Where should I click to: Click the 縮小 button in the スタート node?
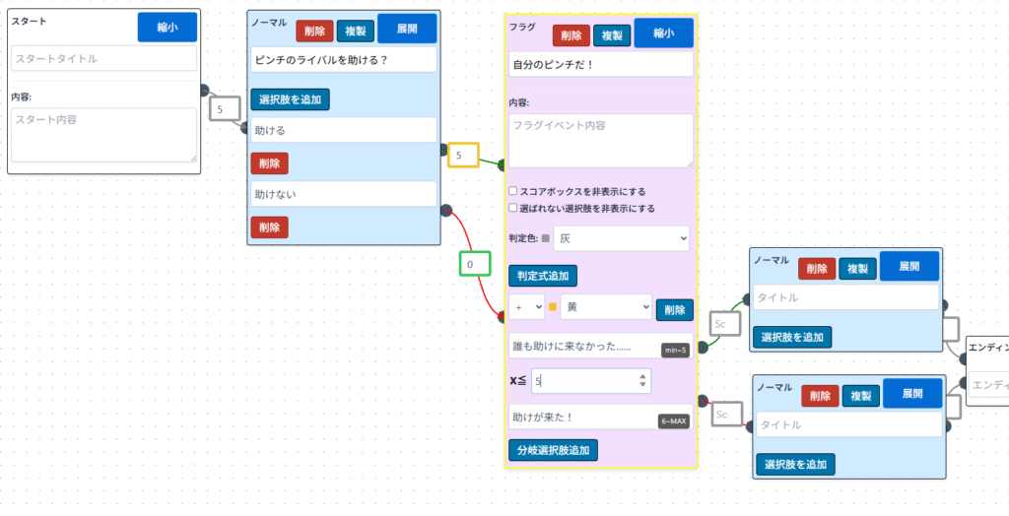[167, 28]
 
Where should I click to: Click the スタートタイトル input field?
[104, 59]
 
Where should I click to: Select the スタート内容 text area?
[104, 134]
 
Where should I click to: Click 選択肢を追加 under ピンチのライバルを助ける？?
[290, 99]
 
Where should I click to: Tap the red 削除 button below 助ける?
[269, 163]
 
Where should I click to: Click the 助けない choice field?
[343, 194]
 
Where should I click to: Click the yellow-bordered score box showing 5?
[463, 156]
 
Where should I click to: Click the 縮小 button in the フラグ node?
[663, 32]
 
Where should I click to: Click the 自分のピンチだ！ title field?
[600, 65]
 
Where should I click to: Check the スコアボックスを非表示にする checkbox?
[513, 191]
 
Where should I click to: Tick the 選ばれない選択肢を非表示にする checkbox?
[513, 209]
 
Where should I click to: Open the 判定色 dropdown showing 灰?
[620, 238]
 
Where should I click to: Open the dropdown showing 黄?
[605, 307]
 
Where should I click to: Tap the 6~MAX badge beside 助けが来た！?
[674, 421]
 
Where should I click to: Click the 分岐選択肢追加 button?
[553, 450]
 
